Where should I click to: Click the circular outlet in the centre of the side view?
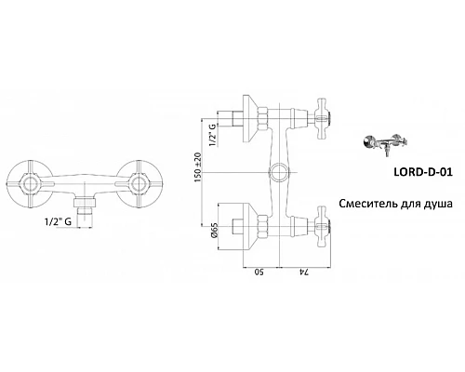pyautogui.click(x=279, y=174)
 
